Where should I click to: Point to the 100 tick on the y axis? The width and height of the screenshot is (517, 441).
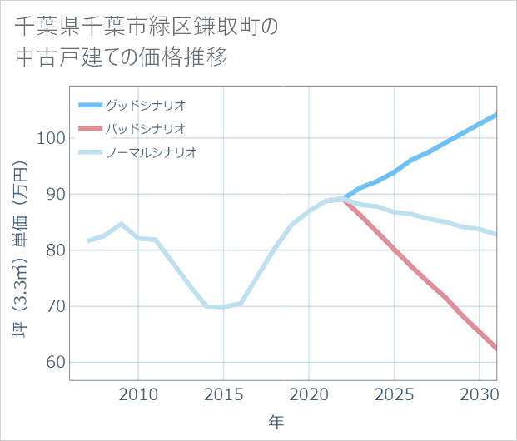coord(52,138)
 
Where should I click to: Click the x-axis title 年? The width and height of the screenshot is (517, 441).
coord(276,423)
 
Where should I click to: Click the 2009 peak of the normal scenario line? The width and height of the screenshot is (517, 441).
coord(122,224)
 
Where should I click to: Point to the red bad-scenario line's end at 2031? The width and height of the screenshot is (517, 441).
coord(496,349)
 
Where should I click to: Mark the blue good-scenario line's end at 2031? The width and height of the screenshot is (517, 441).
coord(496,115)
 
